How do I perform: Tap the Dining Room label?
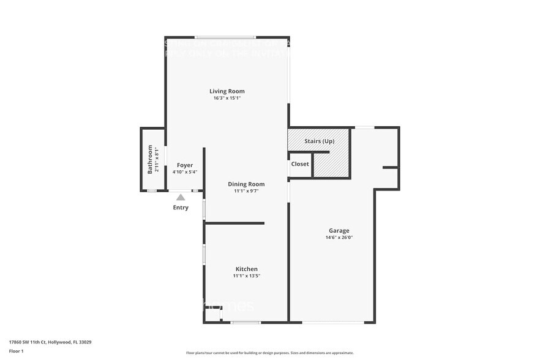(x=246, y=184)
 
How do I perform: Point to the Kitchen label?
(x=247, y=269)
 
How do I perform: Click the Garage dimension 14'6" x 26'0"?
(x=339, y=238)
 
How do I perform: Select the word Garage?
(x=339, y=231)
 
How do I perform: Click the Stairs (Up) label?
(x=319, y=141)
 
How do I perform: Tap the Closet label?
(x=300, y=164)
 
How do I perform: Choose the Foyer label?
(x=185, y=165)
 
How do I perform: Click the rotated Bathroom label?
(x=150, y=159)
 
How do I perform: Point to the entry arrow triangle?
(x=181, y=197)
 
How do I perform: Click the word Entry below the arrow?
(x=181, y=208)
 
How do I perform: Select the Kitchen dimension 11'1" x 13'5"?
(x=247, y=276)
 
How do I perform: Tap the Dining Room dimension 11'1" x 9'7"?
(x=246, y=190)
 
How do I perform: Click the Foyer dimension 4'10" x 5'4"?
(x=185, y=172)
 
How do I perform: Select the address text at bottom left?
(x=50, y=342)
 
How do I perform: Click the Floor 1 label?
(x=16, y=351)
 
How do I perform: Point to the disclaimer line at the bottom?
(x=269, y=353)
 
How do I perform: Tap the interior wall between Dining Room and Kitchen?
(x=234, y=223)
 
